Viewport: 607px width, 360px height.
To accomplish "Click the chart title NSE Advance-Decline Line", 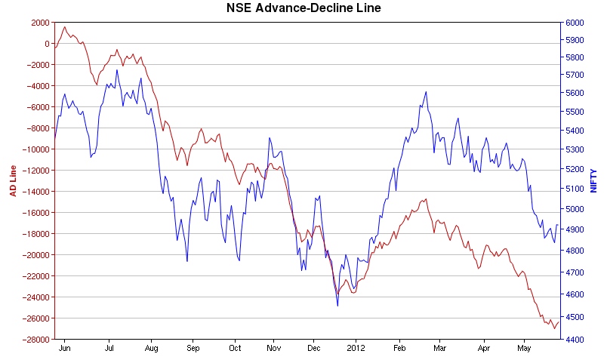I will (303, 8).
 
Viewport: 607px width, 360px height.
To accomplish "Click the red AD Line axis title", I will (13, 180).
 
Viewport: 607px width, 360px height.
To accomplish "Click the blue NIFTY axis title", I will (593, 180).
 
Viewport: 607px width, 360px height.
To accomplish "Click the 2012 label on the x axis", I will (356, 349).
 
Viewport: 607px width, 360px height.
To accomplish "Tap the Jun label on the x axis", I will (65, 349).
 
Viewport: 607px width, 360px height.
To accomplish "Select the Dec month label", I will (315, 349).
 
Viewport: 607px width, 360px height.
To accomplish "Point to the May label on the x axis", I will (524, 349).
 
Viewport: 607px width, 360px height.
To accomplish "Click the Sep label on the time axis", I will (193, 349).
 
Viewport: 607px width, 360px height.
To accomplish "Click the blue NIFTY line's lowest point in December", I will (337, 306).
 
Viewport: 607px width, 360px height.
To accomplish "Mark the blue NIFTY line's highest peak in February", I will (426, 92).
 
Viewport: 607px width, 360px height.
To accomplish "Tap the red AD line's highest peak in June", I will (64, 27).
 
